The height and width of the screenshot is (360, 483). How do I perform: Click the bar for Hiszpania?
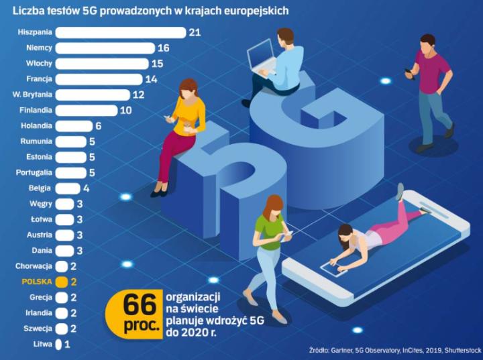pos(120,32)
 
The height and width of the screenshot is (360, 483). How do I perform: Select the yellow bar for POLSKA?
pos(62,282)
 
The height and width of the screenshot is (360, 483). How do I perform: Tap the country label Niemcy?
pos(39,48)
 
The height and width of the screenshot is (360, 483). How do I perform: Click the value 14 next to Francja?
pos(151,79)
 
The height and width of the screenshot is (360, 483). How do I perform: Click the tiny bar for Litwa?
pos(58,344)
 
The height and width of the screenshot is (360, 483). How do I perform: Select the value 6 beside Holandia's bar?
pos(98,125)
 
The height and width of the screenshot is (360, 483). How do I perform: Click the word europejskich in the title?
pos(250,11)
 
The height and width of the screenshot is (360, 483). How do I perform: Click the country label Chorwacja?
pos(34,266)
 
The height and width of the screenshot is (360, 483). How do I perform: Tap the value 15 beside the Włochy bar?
pos(157,64)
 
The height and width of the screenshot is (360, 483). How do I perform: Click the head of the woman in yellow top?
pos(188,89)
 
